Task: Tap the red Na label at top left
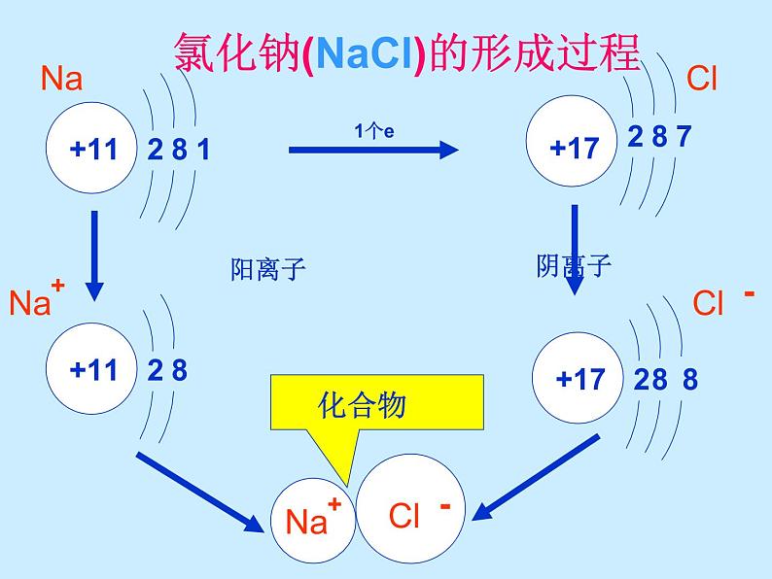tap(62, 78)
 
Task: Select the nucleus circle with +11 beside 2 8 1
tap(93, 150)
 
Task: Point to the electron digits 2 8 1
tap(178, 151)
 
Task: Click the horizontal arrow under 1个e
tap(373, 149)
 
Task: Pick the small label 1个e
tap(374, 130)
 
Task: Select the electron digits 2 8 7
tap(659, 137)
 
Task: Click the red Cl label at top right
tap(701, 78)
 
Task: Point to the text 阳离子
tap(267, 269)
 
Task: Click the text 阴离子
tap(574, 265)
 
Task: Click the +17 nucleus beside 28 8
tap(581, 378)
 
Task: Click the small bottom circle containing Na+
tap(311, 521)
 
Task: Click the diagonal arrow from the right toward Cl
tap(541, 478)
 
